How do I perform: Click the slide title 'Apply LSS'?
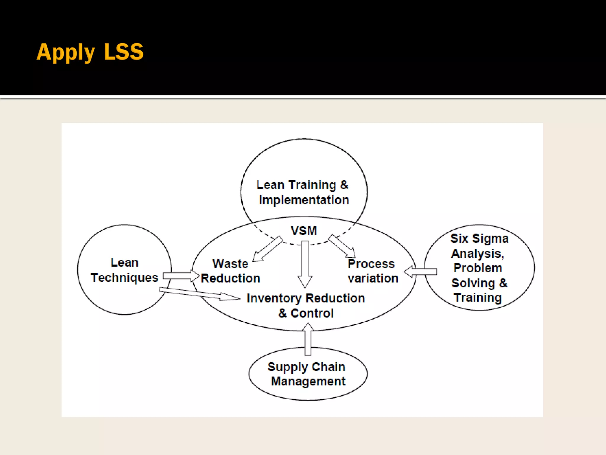(90, 52)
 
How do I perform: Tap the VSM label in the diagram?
(304, 231)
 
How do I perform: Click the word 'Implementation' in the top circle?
(304, 200)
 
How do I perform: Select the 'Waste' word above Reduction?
(230, 264)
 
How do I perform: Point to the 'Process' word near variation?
(371, 264)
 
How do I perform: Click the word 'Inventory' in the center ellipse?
(274, 298)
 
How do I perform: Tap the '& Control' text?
(306, 313)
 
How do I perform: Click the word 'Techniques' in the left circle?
(125, 278)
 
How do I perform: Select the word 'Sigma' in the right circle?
(490, 238)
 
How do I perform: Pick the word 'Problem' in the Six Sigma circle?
(478, 268)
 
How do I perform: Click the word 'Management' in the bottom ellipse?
(308, 381)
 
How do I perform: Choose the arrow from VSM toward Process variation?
(342, 246)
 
